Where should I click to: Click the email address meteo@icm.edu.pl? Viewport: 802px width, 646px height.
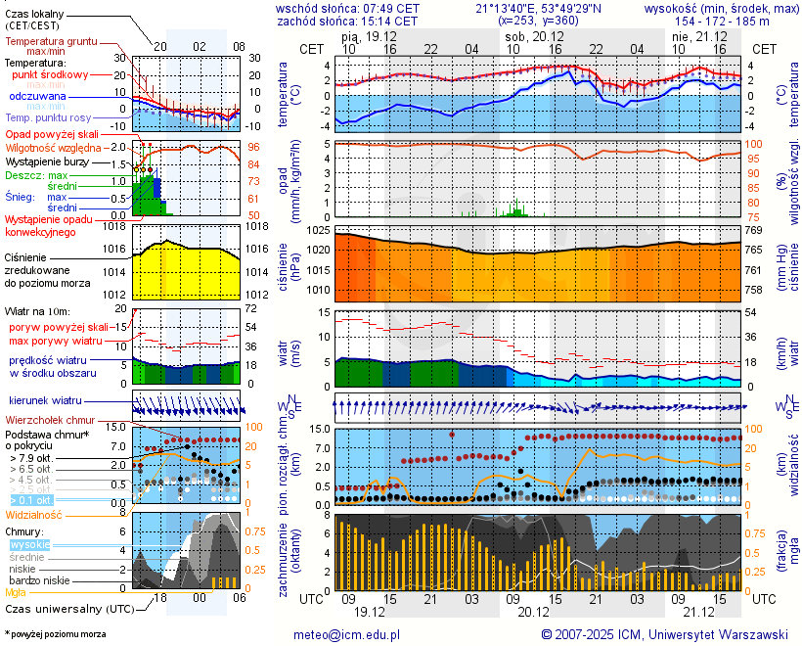coord(347,634)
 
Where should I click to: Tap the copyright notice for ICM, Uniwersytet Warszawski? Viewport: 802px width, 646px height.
coord(665,634)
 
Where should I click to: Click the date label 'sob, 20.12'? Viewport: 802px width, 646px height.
coord(527,35)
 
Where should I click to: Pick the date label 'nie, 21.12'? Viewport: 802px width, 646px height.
coord(693,35)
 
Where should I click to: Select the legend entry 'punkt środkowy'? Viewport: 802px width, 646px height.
coord(50,74)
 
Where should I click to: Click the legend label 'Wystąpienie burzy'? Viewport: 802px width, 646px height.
coord(46,160)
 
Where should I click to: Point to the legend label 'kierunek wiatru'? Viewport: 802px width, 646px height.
coord(45,401)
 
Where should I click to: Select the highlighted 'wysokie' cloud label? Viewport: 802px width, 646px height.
coord(29,544)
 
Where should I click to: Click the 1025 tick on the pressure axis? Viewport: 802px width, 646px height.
coord(319,230)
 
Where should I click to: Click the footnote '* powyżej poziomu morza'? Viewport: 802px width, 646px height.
coord(55,634)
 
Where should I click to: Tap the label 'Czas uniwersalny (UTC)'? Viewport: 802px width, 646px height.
coord(69,609)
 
